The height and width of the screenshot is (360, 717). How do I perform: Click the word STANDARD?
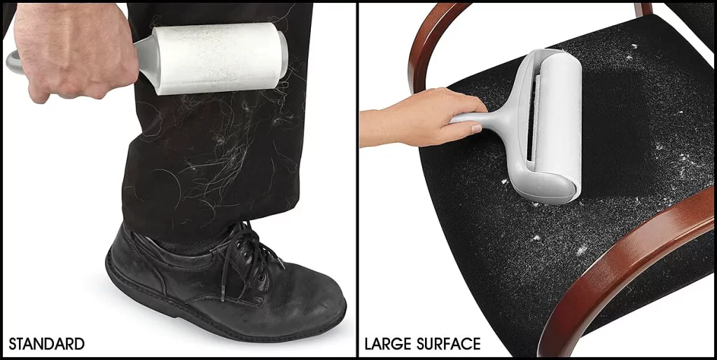coord(47,344)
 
